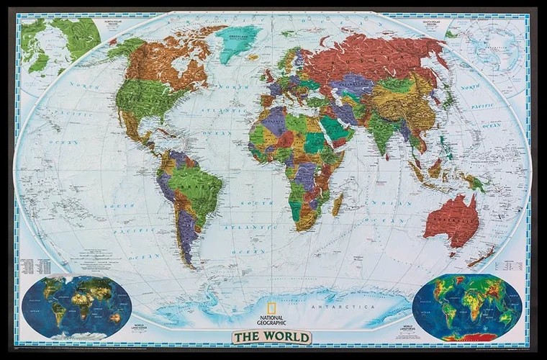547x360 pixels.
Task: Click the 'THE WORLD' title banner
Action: click(x=271, y=337)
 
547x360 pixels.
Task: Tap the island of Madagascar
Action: click(x=337, y=204)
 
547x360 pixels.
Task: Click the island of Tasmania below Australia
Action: click(x=454, y=252)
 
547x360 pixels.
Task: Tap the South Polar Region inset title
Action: click(x=433, y=22)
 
